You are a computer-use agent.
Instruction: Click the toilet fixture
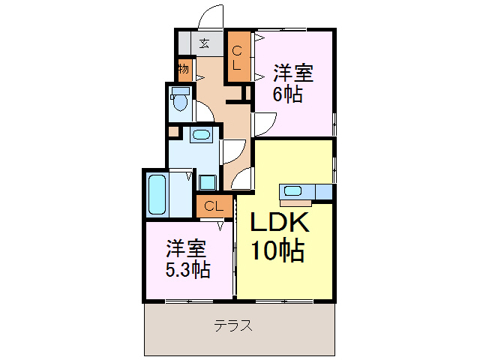tap(179, 99)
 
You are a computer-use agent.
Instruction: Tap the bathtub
tap(156, 194)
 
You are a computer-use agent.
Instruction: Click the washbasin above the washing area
tap(200, 135)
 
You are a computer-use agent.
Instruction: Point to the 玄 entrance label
tap(203, 43)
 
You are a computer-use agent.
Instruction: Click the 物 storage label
tap(184, 70)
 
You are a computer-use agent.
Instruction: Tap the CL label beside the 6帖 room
tap(236, 58)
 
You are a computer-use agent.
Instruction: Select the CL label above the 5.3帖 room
tap(212, 205)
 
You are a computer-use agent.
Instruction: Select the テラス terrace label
tap(232, 326)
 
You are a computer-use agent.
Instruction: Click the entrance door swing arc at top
tap(213, 16)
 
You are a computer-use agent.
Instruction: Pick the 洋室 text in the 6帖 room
tap(292, 73)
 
